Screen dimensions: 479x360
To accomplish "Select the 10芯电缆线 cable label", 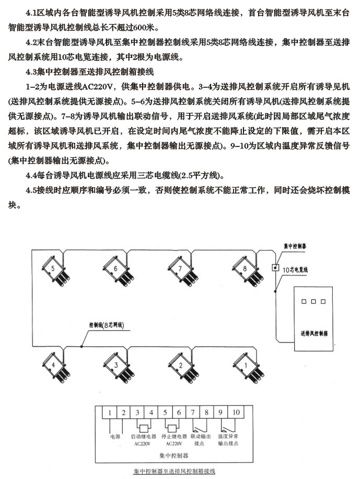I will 296,270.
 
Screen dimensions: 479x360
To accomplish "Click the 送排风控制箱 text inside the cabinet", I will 312,332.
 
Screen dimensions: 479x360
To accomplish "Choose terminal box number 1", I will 110,413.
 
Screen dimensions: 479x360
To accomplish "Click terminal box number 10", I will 236,413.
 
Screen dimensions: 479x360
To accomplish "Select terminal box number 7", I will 193,413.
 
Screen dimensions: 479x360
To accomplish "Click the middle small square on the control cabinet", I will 312,302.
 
